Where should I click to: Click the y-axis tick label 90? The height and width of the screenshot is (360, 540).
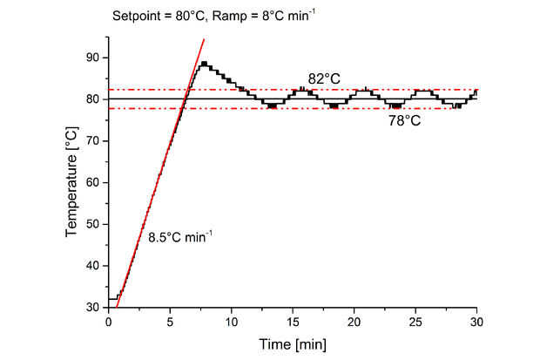click(93, 58)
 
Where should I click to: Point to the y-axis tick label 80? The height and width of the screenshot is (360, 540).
click(93, 99)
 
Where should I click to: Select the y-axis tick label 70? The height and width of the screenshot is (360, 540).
click(93, 141)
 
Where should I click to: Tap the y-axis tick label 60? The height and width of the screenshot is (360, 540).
click(93, 182)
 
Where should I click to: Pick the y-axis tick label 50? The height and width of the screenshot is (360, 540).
click(93, 224)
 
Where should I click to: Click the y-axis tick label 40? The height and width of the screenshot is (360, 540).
click(93, 266)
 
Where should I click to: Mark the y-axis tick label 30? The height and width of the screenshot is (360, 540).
click(93, 307)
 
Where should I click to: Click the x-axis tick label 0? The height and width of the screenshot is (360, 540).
click(108, 322)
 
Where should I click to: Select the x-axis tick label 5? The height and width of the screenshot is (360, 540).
click(170, 322)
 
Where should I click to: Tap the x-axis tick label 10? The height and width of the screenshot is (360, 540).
click(231, 322)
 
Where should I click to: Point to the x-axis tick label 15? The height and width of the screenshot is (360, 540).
click(293, 322)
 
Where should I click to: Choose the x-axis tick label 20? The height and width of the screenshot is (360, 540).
click(354, 322)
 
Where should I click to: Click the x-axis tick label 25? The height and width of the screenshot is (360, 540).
click(415, 322)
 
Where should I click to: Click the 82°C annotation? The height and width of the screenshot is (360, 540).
click(323, 78)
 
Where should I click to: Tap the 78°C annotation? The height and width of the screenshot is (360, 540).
click(404, 121)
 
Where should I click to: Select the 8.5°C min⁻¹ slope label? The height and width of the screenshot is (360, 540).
click(179, 236)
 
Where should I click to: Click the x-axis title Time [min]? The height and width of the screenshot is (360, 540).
click(293, 345)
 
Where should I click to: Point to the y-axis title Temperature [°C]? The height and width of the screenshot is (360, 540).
click(73, 182)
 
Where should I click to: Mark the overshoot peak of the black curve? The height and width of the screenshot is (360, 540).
click(204, 63)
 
